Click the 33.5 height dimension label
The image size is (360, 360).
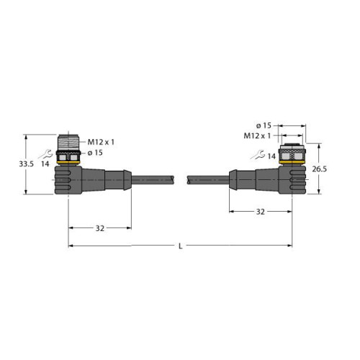click(27, 164)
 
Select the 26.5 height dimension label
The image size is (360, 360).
click(319, 169)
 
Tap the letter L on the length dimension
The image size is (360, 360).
click(181, 246)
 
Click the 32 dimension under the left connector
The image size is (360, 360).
click(100, 228)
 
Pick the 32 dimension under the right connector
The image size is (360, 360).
click(261, 212)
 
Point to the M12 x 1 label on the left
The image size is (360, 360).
click(101, 142)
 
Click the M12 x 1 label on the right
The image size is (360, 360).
click(257, 136)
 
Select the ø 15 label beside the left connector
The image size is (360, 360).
click(95, 153)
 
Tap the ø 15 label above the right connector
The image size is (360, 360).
click(264, 125)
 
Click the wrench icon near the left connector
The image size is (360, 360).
click(45, 154)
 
